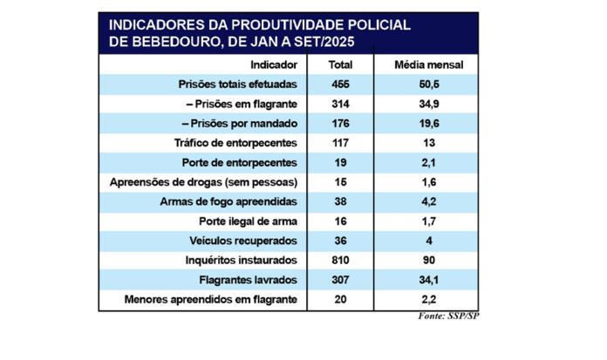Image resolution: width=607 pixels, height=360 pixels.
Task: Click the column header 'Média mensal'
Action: coord(429,65)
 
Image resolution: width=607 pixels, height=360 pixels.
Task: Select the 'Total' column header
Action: coord(339,65)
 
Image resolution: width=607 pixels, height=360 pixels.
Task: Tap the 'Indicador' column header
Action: coord(274,65)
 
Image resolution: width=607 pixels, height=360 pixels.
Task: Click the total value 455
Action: coord(339,85)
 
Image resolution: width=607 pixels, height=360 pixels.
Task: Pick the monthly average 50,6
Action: coord(429,85)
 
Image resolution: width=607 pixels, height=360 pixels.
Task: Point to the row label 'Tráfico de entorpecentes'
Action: coord(237,143)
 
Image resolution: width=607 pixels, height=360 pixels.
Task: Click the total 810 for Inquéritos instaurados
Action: coord(339,261)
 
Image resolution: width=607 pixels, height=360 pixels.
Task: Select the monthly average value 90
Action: coord(429,261)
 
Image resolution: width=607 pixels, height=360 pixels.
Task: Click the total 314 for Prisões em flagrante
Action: coord(339,104)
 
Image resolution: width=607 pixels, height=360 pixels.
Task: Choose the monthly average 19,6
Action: coord(429,124)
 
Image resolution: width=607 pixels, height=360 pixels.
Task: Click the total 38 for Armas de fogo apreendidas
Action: coord(339,202)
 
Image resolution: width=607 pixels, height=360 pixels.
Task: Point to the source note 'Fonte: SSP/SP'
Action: coord(448,315)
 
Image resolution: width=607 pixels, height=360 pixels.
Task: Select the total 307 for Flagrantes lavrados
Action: coord(339,280)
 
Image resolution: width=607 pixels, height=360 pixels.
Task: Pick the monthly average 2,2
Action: coord(429,300)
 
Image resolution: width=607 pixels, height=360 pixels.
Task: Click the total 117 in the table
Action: coord(339,143)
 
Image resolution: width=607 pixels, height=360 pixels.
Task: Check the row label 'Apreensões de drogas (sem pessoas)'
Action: coord(204,182)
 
